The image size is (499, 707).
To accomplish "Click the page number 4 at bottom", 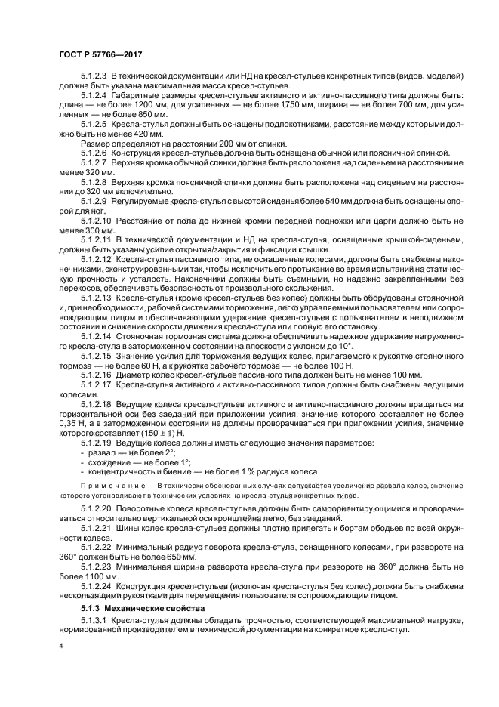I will click(x=61, y=647).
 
